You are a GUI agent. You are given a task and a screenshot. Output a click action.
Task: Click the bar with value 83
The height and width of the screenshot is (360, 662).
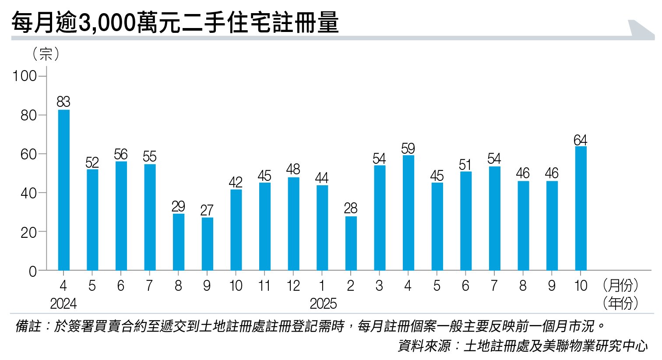click(x=63, y=190)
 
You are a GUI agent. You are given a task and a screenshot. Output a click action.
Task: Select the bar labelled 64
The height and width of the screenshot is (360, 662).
click(x=581, y=208)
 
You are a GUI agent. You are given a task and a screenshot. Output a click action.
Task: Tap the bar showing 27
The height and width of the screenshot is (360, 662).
click(x=207, y=244)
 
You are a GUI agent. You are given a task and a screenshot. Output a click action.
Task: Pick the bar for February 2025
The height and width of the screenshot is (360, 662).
click(x=351, y=244)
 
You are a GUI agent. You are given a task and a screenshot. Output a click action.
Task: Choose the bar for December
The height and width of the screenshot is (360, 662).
click(x=293, y=224)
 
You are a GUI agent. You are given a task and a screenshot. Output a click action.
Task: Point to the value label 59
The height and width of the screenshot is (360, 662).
click(x=408, y=148)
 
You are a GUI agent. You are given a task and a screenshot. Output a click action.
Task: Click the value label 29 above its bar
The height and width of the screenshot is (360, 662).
click(x=178, y=206)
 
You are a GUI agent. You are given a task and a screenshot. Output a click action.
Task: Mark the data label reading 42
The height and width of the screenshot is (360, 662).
click(x=236, y=182)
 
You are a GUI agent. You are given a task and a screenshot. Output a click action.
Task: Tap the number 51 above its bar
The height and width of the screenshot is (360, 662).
click(x=465, y=165)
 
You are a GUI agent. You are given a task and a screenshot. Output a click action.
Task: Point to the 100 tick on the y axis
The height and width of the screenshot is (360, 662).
click(x=25, y=76)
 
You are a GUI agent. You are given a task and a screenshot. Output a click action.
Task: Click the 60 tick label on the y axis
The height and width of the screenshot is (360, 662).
click(x=28, y=154)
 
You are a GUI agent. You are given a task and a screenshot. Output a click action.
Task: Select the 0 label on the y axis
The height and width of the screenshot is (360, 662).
click(x=33, y=272)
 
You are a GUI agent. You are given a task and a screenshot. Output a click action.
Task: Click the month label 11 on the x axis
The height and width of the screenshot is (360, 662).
click(x=264, y=286)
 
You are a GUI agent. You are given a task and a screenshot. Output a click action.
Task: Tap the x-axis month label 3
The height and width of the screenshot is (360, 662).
click(x=379, y=286)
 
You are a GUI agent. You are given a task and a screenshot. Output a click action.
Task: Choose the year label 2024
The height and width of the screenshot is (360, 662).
click(x=63, y=304)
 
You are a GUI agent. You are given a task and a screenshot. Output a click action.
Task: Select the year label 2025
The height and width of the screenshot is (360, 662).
click(x=323, y=304)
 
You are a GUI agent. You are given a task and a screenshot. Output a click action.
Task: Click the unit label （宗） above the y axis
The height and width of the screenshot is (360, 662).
click(x=46, y=54)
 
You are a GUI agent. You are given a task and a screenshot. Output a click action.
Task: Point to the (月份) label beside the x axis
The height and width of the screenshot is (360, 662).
click(x=620, y=286)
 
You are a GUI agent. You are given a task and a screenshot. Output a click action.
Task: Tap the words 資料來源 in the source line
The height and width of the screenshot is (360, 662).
click(x=424, y=346)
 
